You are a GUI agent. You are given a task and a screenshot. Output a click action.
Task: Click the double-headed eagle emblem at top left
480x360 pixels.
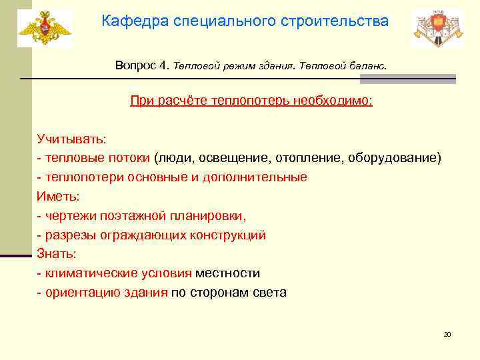click(x=44, y=28)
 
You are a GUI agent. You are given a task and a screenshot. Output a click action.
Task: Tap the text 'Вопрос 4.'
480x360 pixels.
click(x=142, y=66)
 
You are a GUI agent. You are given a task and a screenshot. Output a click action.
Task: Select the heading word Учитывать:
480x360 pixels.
click(x=71, y=139)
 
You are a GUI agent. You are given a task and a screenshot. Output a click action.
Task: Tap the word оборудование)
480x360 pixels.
click(x=403, y=158)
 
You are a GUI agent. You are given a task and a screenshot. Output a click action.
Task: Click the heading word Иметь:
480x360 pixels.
click(x=58, y=196)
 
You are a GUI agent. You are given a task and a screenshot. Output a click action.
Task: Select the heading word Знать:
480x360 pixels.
click(x=57, y=254)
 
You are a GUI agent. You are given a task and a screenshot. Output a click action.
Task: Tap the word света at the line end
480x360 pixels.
click(x=269, y=293)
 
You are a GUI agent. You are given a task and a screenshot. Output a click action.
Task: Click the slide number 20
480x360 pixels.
click(x=447, y=334)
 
